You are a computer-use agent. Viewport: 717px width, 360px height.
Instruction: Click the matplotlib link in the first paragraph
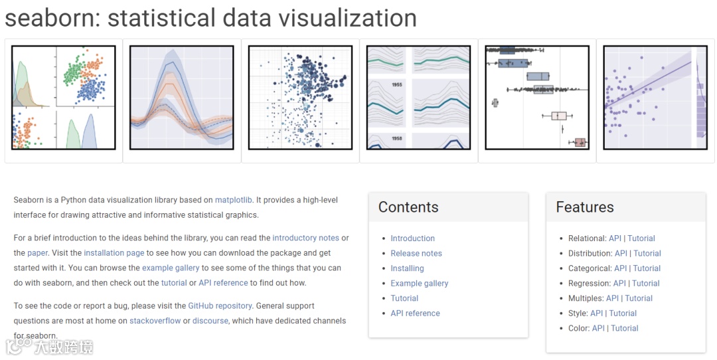234,200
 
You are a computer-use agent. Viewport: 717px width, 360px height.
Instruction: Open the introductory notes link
305,238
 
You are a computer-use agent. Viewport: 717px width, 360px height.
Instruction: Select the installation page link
114,253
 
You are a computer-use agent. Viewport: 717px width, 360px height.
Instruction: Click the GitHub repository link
220,306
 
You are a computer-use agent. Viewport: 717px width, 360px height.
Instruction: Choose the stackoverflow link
155,321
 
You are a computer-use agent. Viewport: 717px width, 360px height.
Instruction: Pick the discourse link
210,321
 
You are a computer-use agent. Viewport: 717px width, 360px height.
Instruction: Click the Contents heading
408,207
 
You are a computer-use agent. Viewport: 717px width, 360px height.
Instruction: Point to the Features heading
585,207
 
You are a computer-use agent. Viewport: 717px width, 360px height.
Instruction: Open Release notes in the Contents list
416,253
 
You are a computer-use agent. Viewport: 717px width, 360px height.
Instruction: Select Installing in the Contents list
407,268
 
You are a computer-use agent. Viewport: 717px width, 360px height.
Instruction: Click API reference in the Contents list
415,314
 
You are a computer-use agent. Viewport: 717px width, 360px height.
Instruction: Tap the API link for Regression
619,284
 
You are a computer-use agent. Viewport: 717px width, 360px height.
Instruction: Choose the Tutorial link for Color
624,328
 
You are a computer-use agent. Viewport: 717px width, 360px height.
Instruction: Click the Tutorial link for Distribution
647,253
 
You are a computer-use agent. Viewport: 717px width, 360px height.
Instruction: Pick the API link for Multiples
612,298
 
